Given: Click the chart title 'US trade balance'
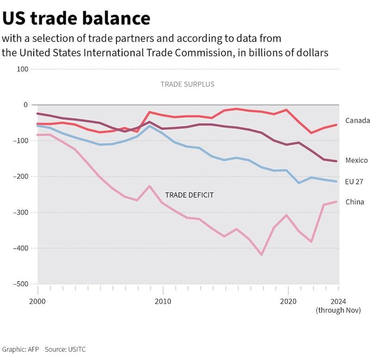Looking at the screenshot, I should coord(76,18).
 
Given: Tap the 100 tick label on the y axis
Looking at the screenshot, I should coord(23,69).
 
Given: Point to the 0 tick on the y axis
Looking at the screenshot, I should coord(26,105).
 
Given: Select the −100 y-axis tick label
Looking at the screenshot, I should coord(21,141).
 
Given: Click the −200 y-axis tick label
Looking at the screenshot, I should coord(21,176).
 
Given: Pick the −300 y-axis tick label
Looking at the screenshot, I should coord(21,212).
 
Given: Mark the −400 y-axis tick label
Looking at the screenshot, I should coord(21,248).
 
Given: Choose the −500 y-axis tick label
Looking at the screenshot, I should coord(21,284).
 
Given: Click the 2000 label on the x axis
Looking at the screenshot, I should coord(37,301).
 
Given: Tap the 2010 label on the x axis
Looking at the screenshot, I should coord(163,301).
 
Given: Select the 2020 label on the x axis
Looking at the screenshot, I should coord(288,301).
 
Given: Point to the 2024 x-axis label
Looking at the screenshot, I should coord(339,301).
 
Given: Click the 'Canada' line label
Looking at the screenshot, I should coord(358,121).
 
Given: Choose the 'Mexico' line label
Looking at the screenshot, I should coord(357,160).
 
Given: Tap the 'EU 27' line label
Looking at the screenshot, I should coord(354,181).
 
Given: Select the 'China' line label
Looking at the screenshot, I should coord(355,202).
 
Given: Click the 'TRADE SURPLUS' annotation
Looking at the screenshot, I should coord(187,84).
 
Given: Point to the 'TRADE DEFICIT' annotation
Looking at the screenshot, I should coord(189,195).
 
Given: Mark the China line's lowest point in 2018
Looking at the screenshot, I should coord(262,254).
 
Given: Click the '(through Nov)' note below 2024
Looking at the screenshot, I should coord(338,310).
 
